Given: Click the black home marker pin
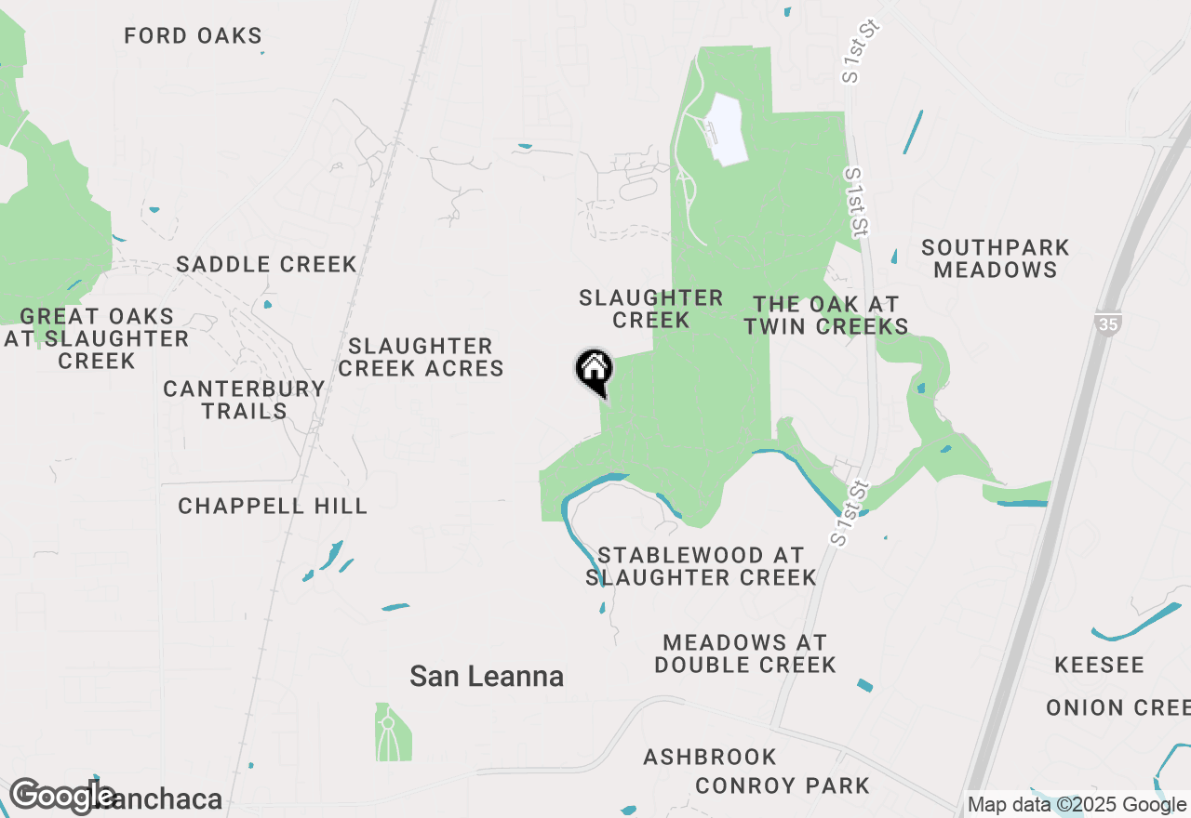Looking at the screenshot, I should tap(594, 371).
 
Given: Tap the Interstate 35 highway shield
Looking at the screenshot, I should tap(1106, 323).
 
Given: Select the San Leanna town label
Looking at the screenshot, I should tap(487, 677).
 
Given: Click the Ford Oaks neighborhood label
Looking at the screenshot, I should tap(194, 36).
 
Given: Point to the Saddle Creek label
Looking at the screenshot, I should tap(266, 264).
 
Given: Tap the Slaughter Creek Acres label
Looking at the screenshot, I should tap(421, 358).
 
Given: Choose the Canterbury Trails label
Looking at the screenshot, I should tap(244, 400).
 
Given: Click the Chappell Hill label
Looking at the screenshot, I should tap(273, 506).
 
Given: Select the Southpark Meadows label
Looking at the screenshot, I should tap(995, 258).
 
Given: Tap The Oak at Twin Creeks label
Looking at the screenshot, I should tap(826, 315).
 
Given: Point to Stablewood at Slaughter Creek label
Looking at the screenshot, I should tap(701, 566).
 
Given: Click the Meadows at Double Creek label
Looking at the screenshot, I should tap(744, 653).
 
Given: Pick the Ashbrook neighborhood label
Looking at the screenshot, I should tap(710, 757).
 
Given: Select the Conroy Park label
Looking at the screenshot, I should tap(782, 785).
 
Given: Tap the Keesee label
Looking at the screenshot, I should tap(1099, 666).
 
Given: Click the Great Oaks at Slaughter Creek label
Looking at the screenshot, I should tap(97, 338).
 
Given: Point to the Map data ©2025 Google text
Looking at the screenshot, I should tap(1077, 805).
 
